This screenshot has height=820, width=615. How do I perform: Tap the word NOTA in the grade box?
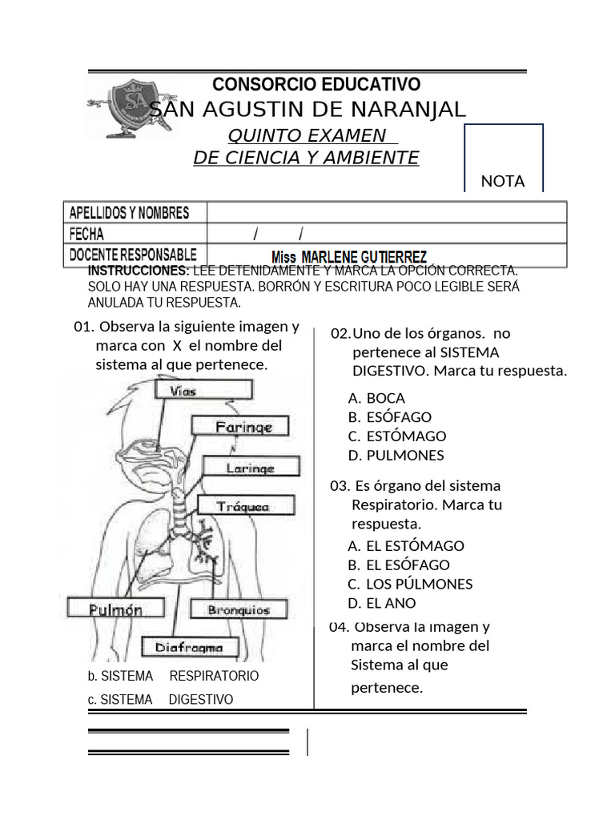pos(503,181)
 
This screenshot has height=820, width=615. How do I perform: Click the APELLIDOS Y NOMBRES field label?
pos(130,213)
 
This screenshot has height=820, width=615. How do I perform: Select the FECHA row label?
pos(86,235)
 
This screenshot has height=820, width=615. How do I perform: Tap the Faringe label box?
pos(243,427)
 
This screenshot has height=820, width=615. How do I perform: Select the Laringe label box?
pos(251,468)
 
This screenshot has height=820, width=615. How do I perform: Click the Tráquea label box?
pos(245,506)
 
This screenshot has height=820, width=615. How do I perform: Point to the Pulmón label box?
pos(116,609)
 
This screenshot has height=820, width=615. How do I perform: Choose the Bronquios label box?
pos(239,610)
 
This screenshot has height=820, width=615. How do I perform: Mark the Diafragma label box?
pos(189,647)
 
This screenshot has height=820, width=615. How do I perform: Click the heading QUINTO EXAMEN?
pos(307,135)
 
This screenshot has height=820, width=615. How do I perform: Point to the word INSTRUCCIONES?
pos(138,271)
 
